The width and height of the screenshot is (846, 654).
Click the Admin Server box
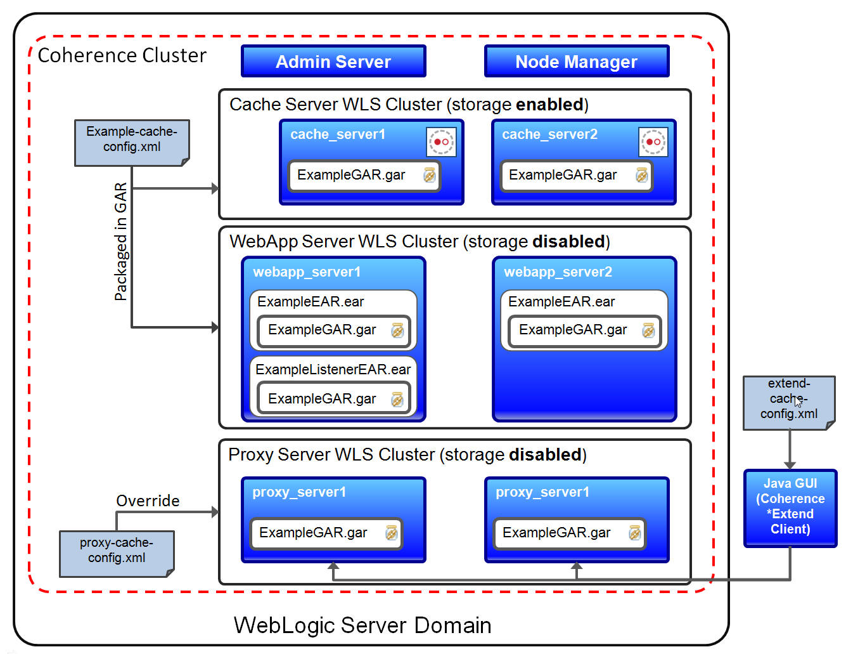[333, 62]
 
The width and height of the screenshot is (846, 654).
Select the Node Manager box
[576, 62]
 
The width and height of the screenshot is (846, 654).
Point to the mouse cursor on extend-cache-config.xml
[798, 401]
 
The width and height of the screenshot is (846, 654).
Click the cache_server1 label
[337, 134]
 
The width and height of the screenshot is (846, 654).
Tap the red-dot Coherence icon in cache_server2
[653, 141]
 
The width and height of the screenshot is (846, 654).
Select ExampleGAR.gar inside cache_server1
[351, 175]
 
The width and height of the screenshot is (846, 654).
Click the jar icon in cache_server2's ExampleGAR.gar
[641, 175]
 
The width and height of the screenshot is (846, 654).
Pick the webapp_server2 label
[558, 272]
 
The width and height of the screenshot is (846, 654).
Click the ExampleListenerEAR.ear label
[333, 369]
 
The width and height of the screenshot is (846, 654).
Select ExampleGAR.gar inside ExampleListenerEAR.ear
[322, 399]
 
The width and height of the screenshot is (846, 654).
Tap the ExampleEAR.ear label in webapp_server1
[311, 302]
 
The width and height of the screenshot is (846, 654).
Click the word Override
[148, 500]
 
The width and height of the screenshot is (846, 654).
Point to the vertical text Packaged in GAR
[120, 241]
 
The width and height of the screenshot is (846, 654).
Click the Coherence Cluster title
[122, 56]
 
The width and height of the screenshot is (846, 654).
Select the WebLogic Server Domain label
[362, 625]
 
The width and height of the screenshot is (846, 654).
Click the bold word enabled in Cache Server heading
[549, 105]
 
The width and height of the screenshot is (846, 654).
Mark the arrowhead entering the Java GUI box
[790, 466]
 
